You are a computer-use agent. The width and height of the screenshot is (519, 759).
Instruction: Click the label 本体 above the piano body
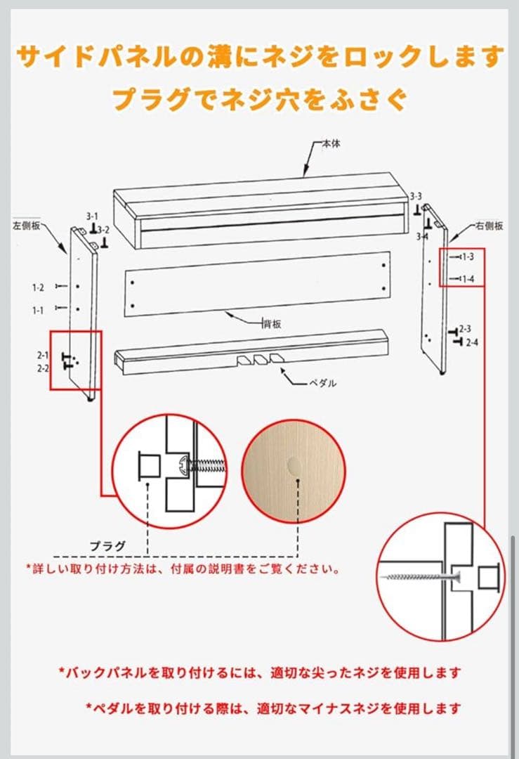(331, 143)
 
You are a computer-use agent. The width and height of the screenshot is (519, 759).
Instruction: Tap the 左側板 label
(26, 226)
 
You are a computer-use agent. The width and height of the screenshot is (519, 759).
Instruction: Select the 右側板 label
(490, 226)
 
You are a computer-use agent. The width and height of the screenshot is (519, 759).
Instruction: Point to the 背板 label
(272, 324)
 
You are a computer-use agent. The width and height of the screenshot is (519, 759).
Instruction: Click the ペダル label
(322, 384)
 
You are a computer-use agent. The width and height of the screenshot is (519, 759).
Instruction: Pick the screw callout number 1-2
(38, 287)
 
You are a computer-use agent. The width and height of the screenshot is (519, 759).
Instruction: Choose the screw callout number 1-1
(38, 311)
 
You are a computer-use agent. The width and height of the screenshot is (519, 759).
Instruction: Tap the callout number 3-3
(416, 196)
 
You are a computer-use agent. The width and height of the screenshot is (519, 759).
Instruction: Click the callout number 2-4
(472, 342)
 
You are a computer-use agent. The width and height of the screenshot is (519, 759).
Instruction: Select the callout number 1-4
(468, 279)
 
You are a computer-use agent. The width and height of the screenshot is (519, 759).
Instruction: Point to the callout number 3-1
(92, 216)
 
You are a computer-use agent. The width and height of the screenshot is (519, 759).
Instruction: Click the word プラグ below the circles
(107, 546)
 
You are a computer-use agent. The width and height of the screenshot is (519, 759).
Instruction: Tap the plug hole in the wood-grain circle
(294, 466)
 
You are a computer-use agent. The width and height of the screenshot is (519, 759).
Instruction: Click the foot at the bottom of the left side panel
(90, 400)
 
